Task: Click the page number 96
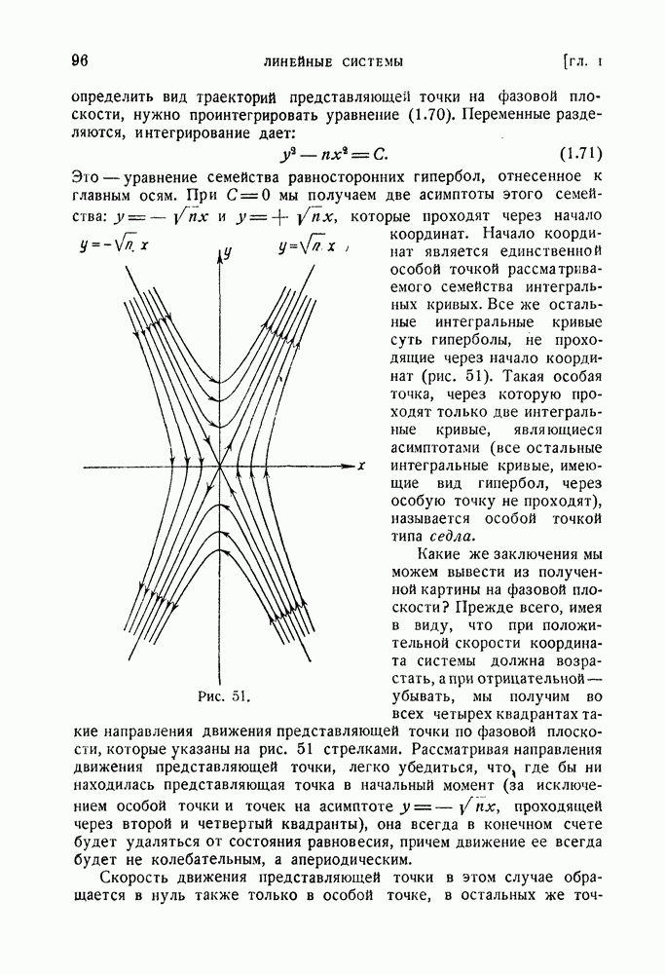point(80,60)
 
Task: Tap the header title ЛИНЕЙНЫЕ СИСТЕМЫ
point(333,62)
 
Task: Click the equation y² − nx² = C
point(333,154)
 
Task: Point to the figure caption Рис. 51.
point(224,695)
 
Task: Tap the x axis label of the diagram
point(361,466)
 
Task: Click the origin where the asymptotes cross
point(220,468)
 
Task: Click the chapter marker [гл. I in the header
point(584,62)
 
